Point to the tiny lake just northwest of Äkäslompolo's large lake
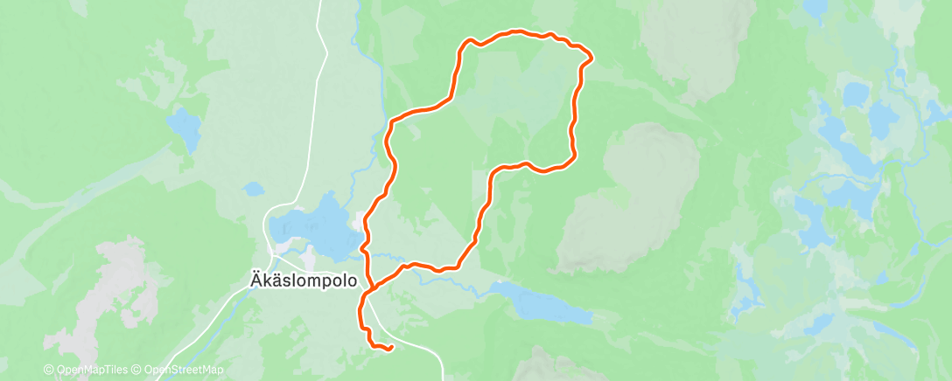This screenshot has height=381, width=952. [x=253, y=188]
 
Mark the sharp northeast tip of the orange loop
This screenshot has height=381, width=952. [x=592, y=59]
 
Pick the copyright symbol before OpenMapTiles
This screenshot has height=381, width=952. [x=49, y=370]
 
